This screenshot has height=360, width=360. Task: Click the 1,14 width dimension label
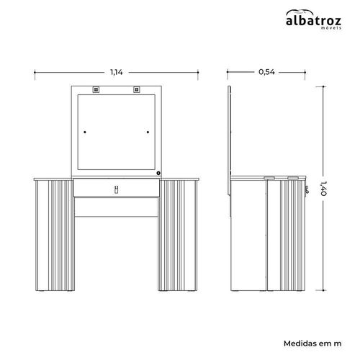[x=117, y=72]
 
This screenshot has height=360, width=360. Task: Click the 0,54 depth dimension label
[x=266, y=72]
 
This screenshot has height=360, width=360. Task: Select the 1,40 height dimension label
[x=323, y=189]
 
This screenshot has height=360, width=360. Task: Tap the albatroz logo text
[x=313, y=21]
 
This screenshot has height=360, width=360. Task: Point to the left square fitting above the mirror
[x=96, y=89]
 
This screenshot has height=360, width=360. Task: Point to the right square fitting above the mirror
[x=137, y=89]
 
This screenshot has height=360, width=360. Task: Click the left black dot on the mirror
[x=85, y=132]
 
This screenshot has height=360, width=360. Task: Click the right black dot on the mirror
[x=148, y=132]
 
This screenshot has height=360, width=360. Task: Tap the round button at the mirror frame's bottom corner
[x=158, y=173]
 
